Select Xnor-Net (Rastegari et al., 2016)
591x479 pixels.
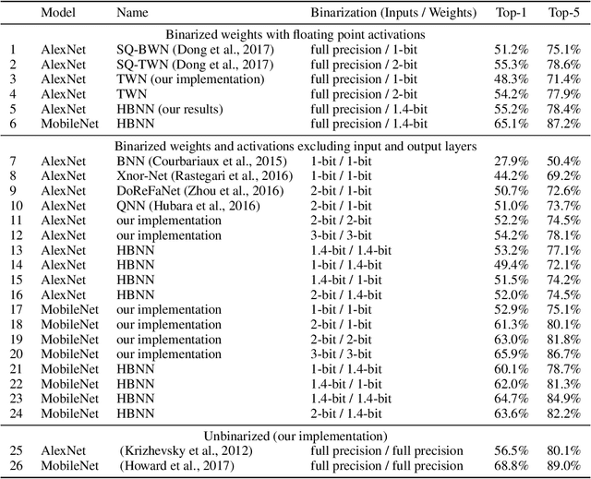point(192,176)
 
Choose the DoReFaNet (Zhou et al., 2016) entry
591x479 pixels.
point(192,191)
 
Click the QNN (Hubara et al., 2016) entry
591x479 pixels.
point(182,206)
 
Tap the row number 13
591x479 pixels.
point(14,250)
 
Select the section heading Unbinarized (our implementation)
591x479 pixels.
point(295,436)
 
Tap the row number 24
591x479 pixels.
point(14,413)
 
